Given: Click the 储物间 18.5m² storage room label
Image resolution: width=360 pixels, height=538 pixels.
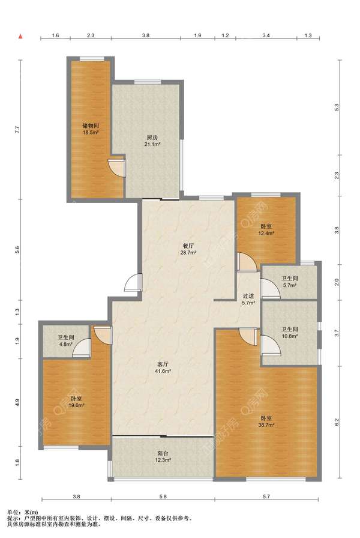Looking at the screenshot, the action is tap(91, 128).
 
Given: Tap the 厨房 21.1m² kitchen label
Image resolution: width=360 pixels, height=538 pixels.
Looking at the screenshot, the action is tap(152, 141).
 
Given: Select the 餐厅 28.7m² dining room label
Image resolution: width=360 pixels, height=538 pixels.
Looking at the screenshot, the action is tap(188, 249).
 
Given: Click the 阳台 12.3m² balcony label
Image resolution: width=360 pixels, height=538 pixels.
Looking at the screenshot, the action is tap(163, 457).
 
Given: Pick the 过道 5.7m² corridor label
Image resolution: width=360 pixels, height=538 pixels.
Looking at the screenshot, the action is tap(248, 299).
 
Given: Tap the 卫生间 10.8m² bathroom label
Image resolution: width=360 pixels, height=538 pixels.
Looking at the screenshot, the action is tap(290, 333).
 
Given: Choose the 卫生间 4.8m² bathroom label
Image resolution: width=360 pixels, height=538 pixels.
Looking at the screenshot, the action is tap(66, 340).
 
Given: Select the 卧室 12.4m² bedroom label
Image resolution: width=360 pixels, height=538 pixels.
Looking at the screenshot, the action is tap(266, 230).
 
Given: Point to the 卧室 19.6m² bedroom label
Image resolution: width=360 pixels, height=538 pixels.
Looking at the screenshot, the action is tap(76, 402).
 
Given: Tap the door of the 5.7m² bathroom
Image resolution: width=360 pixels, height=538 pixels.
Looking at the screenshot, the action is tap(271, 288).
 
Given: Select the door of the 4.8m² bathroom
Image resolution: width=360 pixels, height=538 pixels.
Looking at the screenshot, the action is tap(82, 348).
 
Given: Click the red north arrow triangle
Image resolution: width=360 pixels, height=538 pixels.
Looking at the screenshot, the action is tap(20, 35).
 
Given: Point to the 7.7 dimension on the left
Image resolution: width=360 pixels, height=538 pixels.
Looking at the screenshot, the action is tap(17, 130).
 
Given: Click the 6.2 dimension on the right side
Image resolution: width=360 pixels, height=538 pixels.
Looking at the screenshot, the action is tap(337, 422).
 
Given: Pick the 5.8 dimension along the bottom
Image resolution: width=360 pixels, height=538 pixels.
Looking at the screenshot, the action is tap(163, 496).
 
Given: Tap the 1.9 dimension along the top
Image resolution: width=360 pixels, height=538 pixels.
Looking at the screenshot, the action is tap(197, 35).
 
